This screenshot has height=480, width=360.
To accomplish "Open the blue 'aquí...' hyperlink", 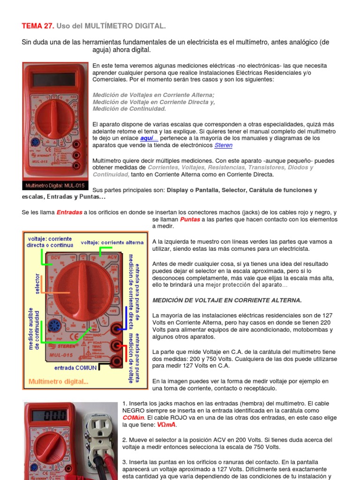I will (149, 138).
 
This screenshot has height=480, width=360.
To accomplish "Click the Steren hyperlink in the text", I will (223, 145).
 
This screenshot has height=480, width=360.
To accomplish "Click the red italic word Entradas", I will (69, 212).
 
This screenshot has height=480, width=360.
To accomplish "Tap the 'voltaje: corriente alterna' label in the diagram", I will (112, 242).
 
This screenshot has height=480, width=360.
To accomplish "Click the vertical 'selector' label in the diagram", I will (37, 284).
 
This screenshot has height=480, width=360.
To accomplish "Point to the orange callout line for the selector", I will (53, 292).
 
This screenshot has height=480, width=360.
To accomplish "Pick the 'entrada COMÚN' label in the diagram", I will (75, 368).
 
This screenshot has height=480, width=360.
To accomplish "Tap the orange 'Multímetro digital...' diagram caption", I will (58, 382).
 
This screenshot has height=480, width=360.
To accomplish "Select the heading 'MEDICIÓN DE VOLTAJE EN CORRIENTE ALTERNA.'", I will (227, 300).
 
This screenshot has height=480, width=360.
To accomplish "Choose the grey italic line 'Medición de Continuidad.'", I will (129, 109).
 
